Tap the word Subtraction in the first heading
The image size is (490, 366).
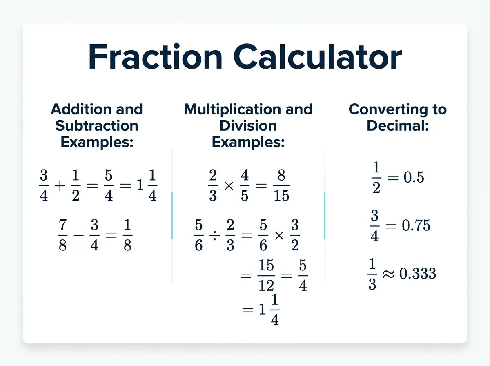(97, 125)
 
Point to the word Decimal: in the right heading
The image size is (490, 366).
(397, 125)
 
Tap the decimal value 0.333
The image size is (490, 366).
(417, 274)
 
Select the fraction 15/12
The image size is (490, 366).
(266, 280)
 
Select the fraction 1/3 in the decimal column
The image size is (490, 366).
(372, 274)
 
